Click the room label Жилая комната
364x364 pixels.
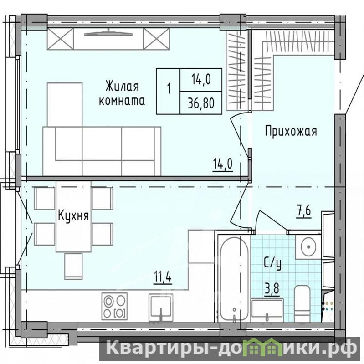click(x=122, y=93)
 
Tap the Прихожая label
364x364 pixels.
click(x=291, y=131)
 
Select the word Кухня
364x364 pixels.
click(x=73, y=215)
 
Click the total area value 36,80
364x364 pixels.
click(x=201, y=103)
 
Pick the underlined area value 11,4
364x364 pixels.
click(x=163, y=277)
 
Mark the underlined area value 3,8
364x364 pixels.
click(x=272, y=289)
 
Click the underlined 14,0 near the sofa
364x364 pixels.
click(x=223, y=164)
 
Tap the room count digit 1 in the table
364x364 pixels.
click(x=169, y=88)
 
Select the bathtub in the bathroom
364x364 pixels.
click(x=234, y=278)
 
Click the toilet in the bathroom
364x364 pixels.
click(x=302, y=303)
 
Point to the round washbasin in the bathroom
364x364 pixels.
click(x=308, y=246)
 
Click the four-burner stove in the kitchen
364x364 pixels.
click(x=114, y=306)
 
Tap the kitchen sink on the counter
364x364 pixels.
click(x=161, y=308)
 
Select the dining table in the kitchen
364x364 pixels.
click(x=73, y=216)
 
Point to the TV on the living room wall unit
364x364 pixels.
click(x=108, y=34)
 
